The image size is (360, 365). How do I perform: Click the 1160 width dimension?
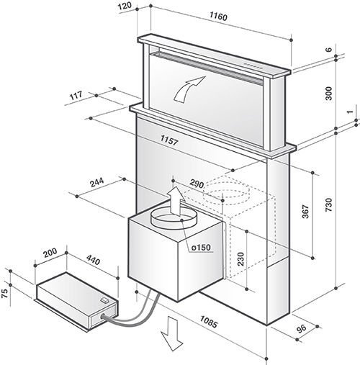click(x=221, y=15)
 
